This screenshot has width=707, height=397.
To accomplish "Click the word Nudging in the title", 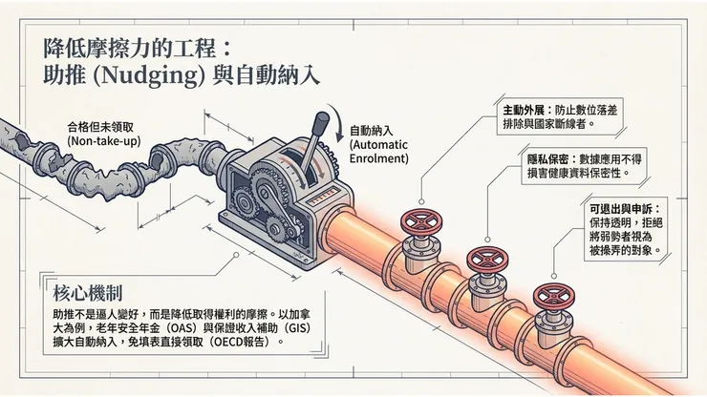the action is click(x=151, y=75).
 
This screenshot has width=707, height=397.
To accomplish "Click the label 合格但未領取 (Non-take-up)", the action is click(x=104, y=134).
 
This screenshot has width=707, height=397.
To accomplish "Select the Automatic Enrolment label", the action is click(x=378, y=145).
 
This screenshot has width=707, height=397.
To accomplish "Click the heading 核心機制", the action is click(x=88, y=293).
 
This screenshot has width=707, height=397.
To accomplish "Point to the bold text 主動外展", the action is click(x=524, y=111).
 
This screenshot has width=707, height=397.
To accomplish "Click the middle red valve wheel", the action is click(x=487, y=259).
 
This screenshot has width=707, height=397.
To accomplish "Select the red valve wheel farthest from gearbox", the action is click(x=554, y=296).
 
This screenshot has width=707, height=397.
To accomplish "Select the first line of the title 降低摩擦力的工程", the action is click(x=129, y=49).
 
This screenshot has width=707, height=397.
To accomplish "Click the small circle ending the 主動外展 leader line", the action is click(x=421, y=202).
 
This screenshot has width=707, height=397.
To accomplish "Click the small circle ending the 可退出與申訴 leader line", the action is click(x=554, y=276).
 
